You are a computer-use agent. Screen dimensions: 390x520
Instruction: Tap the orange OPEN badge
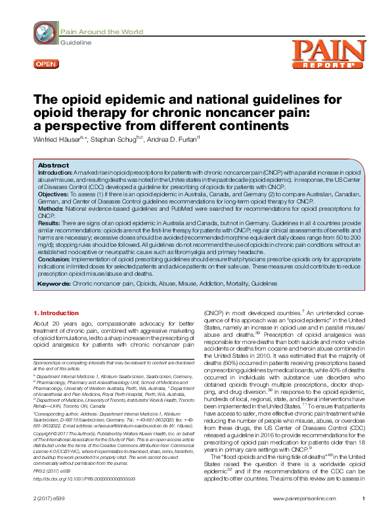click(x=45, y=63)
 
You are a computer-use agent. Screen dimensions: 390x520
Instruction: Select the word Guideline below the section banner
click(x=75, y=42)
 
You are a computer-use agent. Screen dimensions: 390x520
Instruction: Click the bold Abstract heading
click(x=54, y=165)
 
